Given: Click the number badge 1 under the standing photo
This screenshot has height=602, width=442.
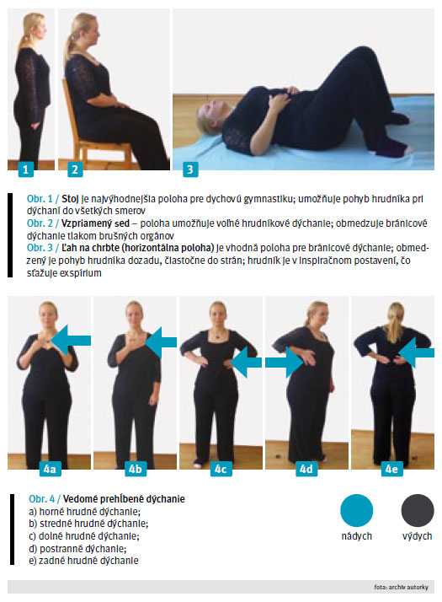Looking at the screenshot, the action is point(26,169).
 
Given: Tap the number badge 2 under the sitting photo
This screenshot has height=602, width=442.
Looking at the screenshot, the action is point(75,169).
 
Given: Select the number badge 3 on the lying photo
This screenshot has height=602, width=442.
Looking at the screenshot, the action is point(190,169).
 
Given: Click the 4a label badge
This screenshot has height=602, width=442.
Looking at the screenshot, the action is point(50,469).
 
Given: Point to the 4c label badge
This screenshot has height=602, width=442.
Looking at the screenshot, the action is point(221,469).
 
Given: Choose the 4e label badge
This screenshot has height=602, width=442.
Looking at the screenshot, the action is point(391,469).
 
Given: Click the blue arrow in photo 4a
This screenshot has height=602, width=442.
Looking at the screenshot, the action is point(71,340).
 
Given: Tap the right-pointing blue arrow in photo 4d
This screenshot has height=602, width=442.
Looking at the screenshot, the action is point(285,362).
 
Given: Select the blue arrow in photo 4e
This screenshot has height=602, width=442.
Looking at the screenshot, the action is point(417,352).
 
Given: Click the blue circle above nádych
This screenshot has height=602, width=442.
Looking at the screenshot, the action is point(356,510).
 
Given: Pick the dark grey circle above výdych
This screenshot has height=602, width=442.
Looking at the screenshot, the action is point(418,510).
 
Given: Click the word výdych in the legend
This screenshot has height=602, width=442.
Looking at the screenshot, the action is point(417,536).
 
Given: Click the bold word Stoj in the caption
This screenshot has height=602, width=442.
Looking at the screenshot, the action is point(70,199).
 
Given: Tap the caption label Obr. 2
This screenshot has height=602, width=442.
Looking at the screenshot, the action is point(40,223).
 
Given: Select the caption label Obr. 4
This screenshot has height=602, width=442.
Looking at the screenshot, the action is point(42,499).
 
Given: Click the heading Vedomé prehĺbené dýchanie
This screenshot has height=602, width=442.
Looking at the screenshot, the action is point(124,499).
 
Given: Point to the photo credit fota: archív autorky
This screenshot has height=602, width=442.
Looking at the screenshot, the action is point(401,587).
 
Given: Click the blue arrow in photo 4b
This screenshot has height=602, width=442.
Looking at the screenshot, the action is point(161,342).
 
